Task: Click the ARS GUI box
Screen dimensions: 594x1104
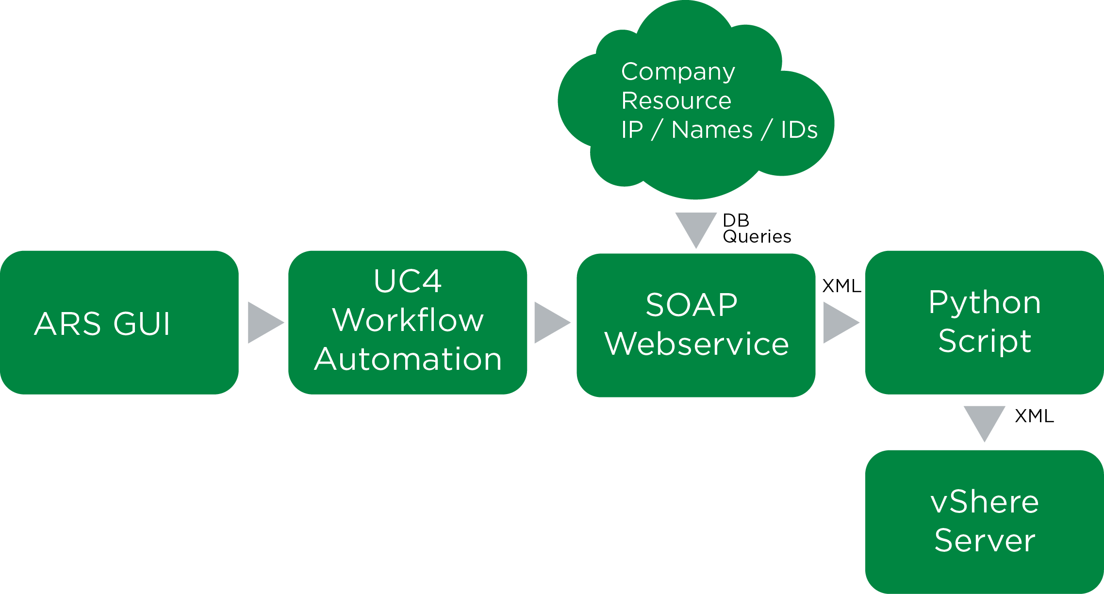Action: pyautogui.click(x=119, y=323)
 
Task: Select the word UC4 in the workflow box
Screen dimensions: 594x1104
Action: pyautogui.click(x=408, y=281)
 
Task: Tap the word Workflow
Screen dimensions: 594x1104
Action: pyautogui.click(x=408, y=320)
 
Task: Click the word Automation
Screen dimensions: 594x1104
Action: pyautogui.click(x=408, y=359)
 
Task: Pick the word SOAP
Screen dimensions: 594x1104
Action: pyautogui.click(x=692, y=305)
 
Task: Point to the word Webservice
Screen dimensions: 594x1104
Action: pyautogui.click(x=696, y=344)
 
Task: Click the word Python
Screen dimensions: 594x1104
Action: pyautogui.click(x=985, y=303)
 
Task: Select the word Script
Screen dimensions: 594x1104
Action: pyautogui.click(x=985, y=341)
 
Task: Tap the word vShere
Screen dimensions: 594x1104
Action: pyautogui.click(x=985, y=502)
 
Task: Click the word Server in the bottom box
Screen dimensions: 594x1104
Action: pyautogui.click(x=985, y=540)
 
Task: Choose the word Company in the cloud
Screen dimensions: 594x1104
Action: pyautogui.click(x=678, y=72)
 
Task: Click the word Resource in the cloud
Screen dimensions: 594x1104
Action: pyautogui.click(x=676, y=101)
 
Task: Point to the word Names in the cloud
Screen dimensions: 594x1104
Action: pyautogui.click(x=712, y=130)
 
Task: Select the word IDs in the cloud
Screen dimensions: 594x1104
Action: pyautogui.click(x=799, y=130)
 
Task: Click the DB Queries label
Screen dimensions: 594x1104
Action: pyautogui.click(x=756, y=229)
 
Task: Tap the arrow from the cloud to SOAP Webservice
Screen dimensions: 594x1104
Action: pyautogui.click(x=696, y=227)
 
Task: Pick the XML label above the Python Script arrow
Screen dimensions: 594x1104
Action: pyautogui.click(x=841, y=286)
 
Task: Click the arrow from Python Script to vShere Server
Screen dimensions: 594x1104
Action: pyautogui.click(x=984, y=420)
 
